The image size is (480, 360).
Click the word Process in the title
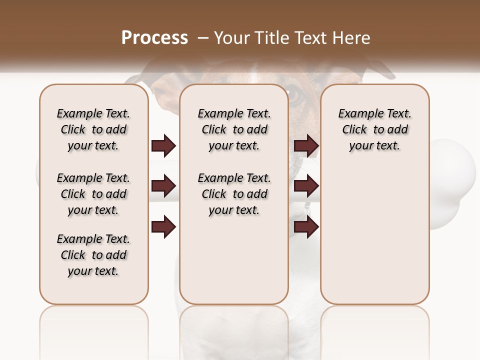click(x=154, y=38)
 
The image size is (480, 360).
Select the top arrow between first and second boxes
click(x=163, y=145)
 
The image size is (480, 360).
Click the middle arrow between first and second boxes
click(x=163, y=186)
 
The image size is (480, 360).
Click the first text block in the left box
click(x=93, y=129)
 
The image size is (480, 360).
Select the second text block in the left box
click(x=93, y=194)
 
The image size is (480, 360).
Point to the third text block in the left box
click(x=93, y=255)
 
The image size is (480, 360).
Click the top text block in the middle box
click(x=234, y=129)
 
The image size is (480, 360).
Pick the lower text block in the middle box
click(x=234, y=194)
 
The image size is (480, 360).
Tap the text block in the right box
click(x=374, y=129)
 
